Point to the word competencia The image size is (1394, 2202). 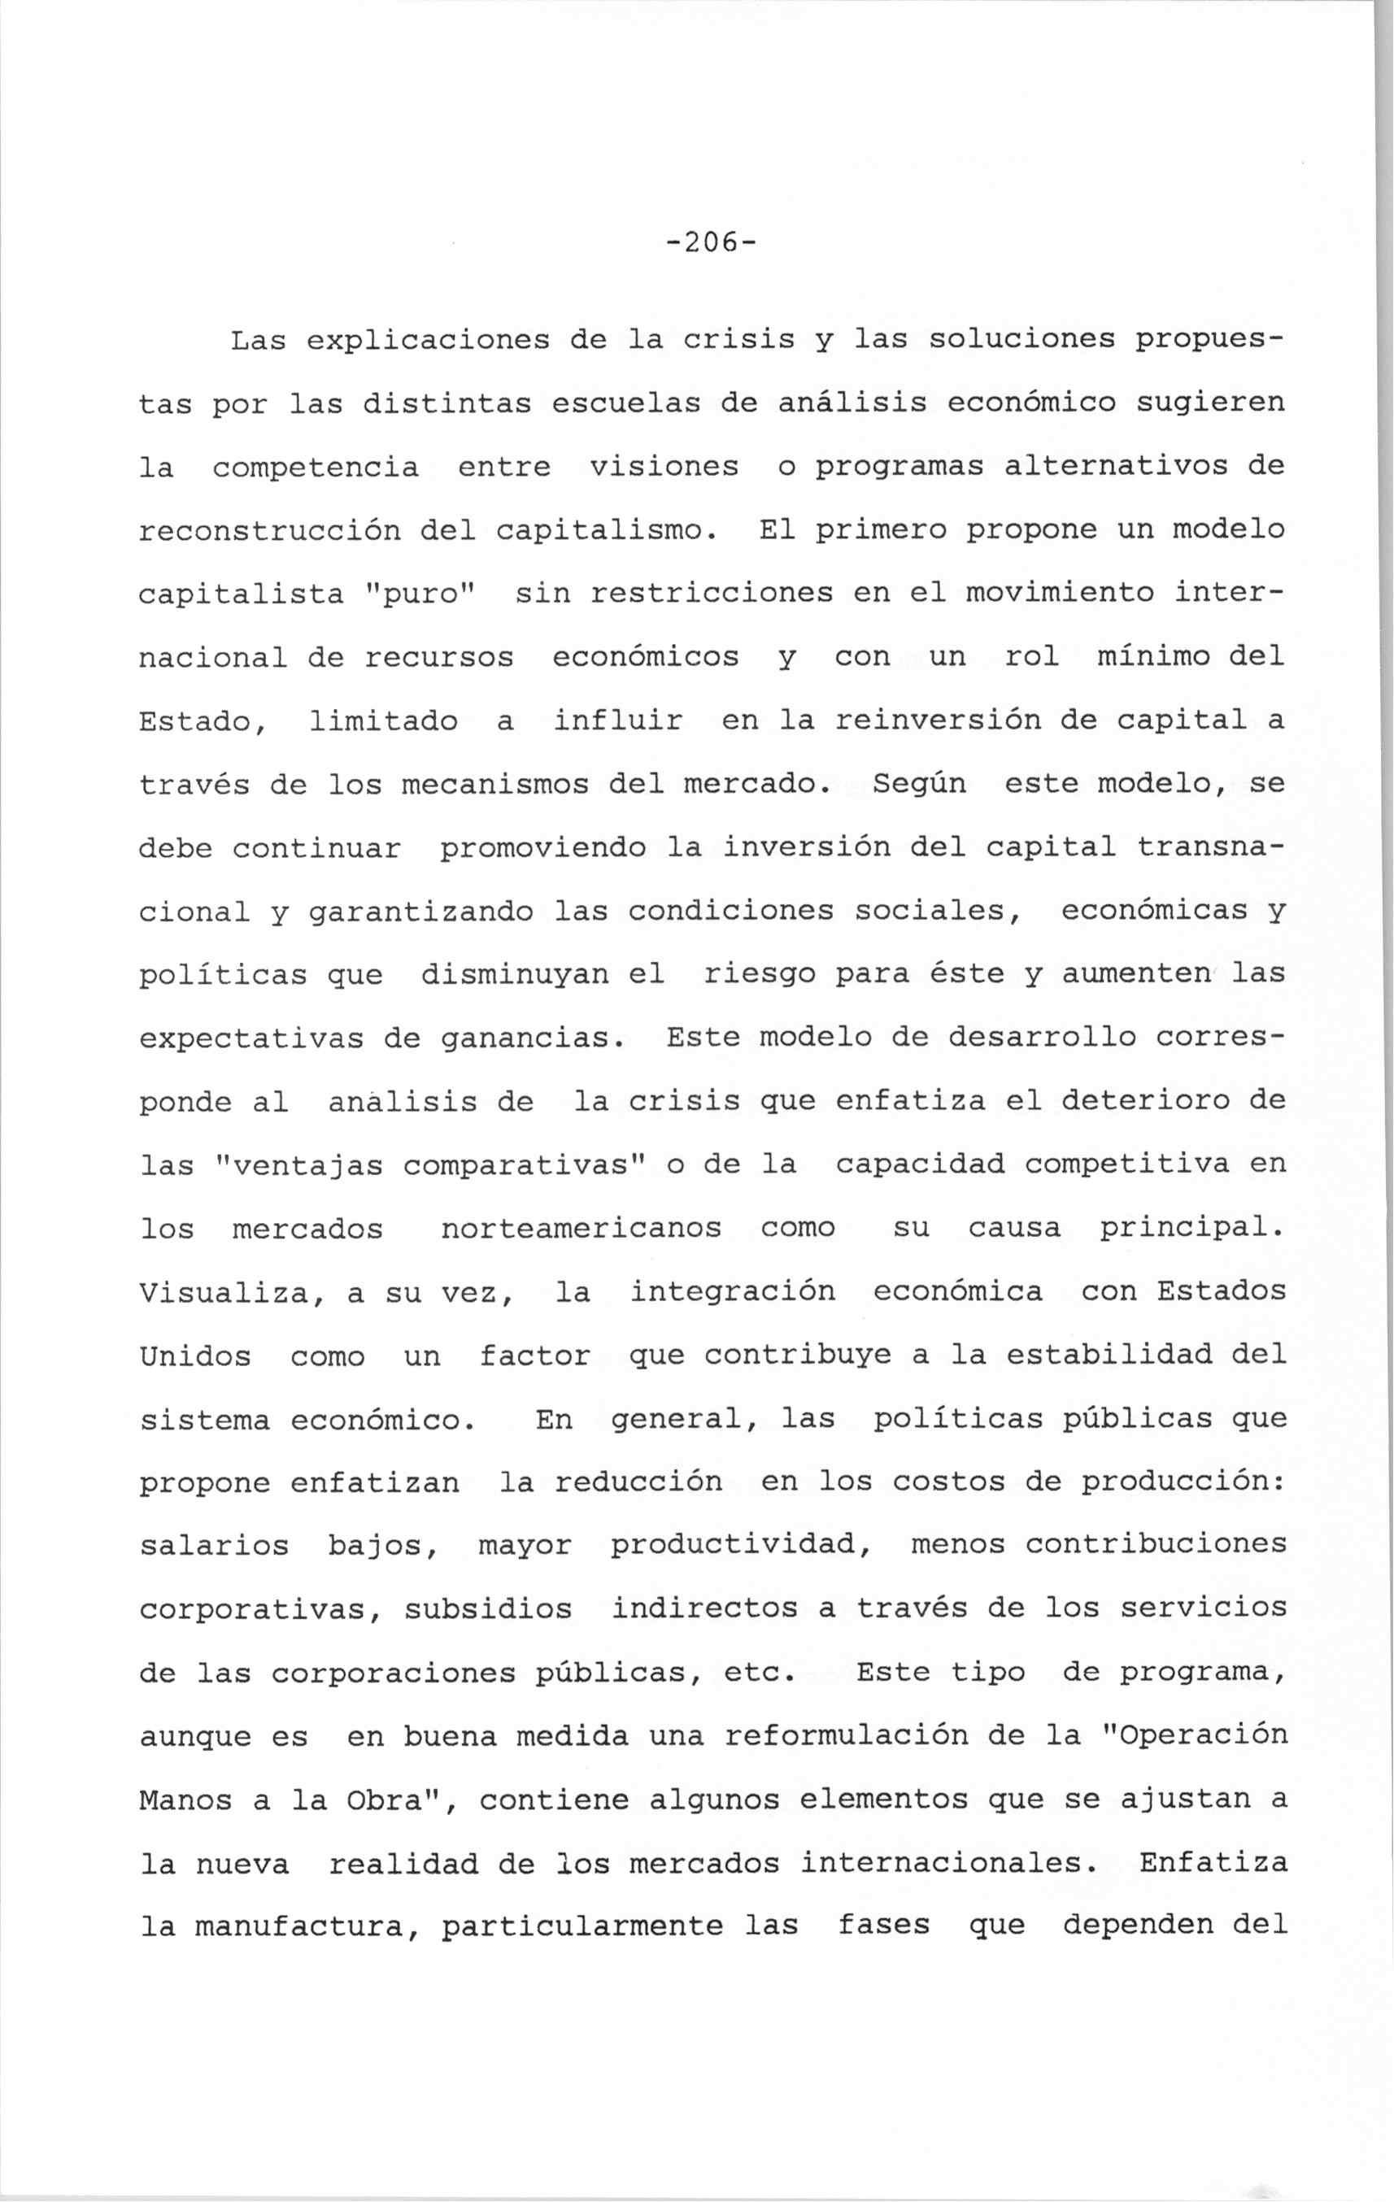315,468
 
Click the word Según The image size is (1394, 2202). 919,785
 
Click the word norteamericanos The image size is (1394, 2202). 581,1229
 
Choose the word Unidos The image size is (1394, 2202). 195,1356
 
